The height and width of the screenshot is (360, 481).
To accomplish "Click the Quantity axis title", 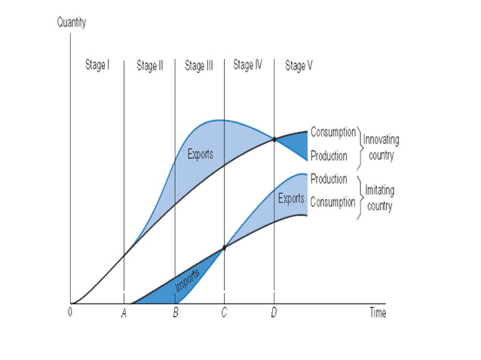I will tap(72, 22).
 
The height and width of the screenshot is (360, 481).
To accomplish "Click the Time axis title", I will tap(378, 313).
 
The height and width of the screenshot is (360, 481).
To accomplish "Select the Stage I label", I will tap(97, 65).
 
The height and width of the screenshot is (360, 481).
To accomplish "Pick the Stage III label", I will tap(199, 66).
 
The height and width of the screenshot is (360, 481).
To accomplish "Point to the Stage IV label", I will tap(248, 66).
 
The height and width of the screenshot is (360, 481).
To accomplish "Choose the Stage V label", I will tap(299, 66).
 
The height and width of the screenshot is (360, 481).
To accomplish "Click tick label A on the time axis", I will tap(124, 313).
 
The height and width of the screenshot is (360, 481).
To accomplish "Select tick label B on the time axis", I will tap(175, 313).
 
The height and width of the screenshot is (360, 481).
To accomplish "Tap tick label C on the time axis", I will tap(224, 313).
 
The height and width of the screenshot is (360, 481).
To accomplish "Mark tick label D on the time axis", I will tap(274, 313).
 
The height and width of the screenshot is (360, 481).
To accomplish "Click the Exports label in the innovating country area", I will tap(201, 155).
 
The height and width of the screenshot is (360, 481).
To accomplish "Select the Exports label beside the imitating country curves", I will tap(291, 200).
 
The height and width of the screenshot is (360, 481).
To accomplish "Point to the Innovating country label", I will tap(381, 148).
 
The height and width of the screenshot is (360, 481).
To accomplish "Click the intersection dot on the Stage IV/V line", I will tap(274, 139).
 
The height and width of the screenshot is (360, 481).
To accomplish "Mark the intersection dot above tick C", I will tap(224, 248).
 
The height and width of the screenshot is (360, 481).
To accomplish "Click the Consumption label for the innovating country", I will tap(333, 133).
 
